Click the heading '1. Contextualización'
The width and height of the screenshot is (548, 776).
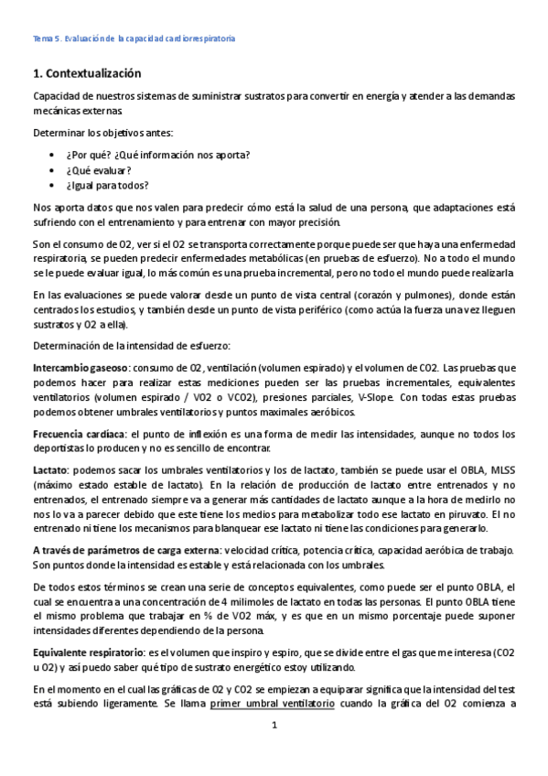(x=87, y=72)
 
